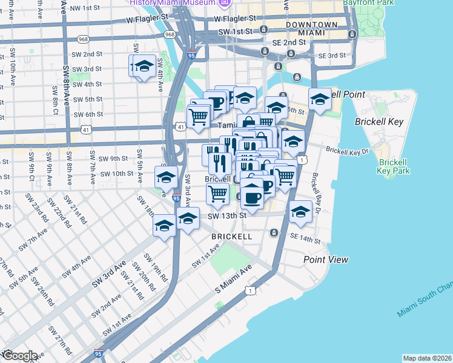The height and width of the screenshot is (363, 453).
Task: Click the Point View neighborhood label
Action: [326, 260]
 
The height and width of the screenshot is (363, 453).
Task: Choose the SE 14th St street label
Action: [305, 240]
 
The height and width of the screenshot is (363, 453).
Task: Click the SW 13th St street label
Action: [227, 215]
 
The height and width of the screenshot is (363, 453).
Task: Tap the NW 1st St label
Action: [84, 8]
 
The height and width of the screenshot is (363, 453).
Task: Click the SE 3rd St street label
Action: [331, 56]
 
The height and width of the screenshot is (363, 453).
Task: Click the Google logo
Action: [20, 356]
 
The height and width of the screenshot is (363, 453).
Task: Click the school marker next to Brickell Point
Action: [319, 99]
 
